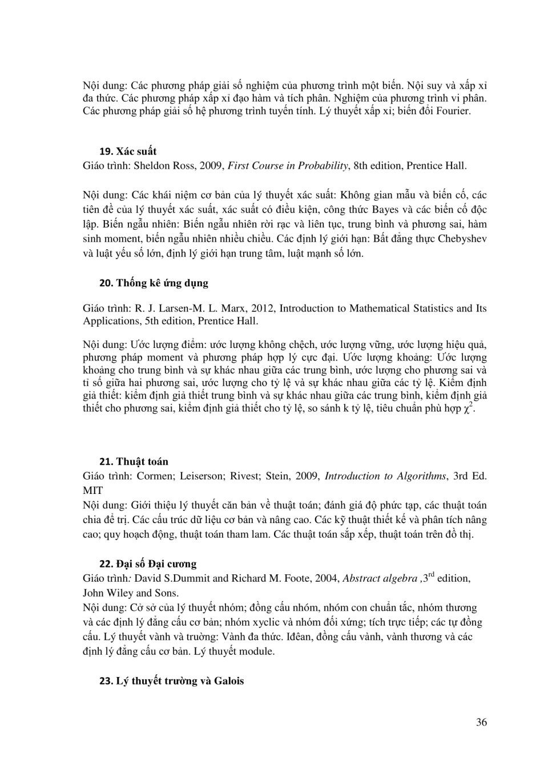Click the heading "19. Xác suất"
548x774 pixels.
[128, 151]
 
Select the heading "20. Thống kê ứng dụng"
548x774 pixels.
[154, 283]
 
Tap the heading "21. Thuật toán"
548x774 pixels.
[134, 461]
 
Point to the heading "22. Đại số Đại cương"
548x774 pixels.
[148, 564]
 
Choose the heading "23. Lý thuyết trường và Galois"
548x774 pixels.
[171, 680]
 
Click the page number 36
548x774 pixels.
[481, 722]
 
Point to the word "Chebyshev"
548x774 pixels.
[462, 238]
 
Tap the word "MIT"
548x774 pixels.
[93, 491]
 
